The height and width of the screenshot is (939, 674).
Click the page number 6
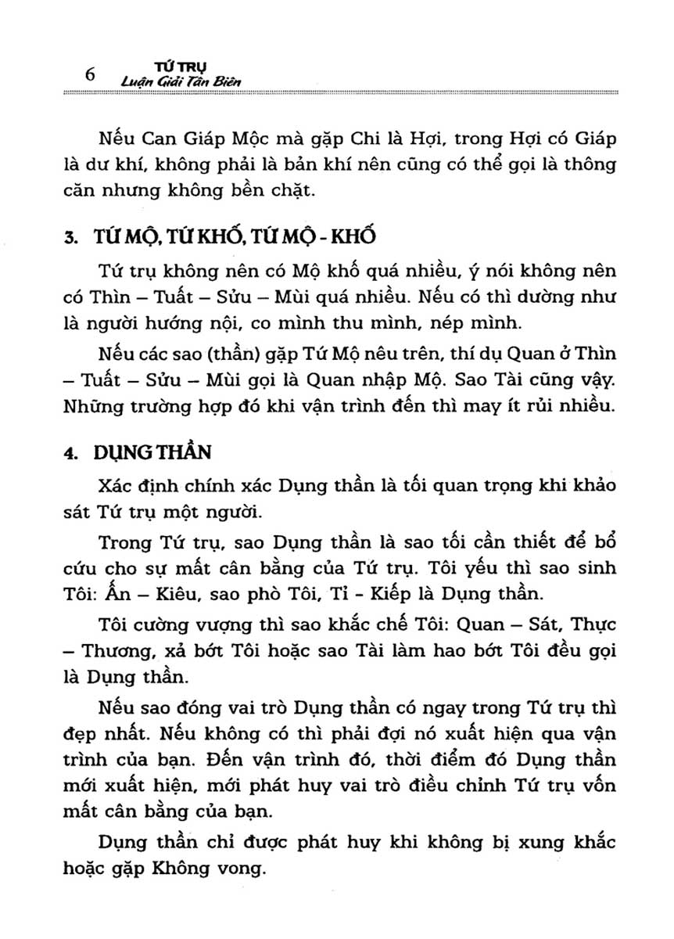point(89,74)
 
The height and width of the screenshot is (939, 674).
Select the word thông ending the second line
point(573,165)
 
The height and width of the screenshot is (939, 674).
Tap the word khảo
point(576,486)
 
